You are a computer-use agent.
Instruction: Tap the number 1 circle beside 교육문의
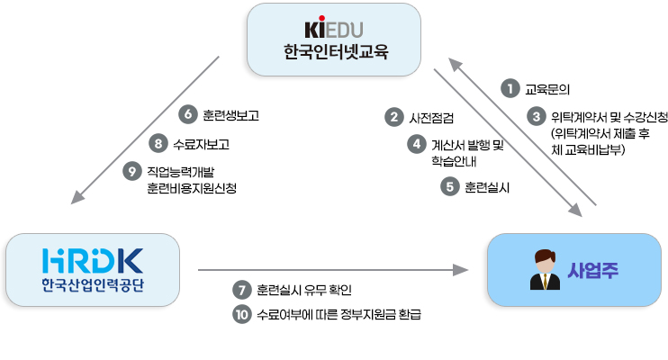pyautogui.click(x=510, y=88)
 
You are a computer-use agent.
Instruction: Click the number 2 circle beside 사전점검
pyautogui.click(x=393, y=117)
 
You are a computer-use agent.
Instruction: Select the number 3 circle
pyautogui.click(x=537, y=117)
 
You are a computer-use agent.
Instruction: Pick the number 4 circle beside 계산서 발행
pyautogui.click(x=416, y=144)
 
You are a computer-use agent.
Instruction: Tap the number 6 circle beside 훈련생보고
pyautogui.click(x=188, y=114)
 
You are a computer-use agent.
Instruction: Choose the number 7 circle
pyautogui.click(x=240, y=290)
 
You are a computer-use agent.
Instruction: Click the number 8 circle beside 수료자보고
pyautogui.click(x=158, y=142)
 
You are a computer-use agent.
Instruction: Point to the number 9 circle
pyautogui.click(x=133, y=170)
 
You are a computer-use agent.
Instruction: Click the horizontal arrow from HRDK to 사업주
pyautogui.click(x=333, y=268)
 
